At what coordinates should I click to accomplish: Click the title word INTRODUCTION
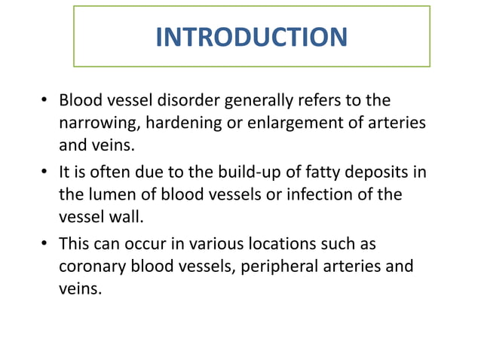coord(251,36)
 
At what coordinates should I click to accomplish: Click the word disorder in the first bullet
coord(190,100)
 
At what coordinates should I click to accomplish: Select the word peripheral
coord(276,266)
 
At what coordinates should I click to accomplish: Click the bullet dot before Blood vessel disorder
coord(45,101)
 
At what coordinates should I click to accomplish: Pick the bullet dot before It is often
coord(45,173)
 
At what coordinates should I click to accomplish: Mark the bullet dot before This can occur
coord(45,246)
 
